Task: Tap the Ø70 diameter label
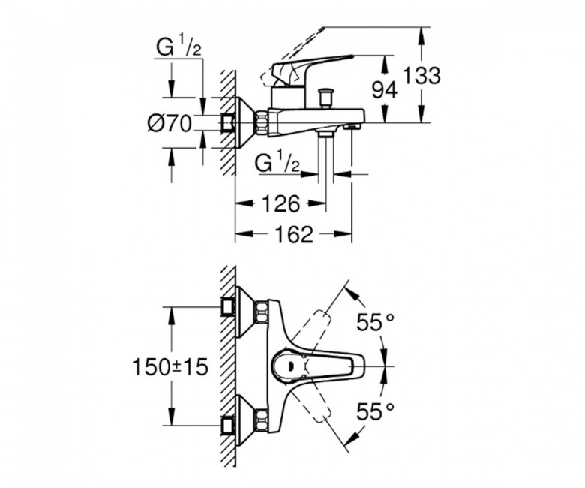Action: click(169, 122)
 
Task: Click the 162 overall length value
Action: click(292, 235)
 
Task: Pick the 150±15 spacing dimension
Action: click(170, 368)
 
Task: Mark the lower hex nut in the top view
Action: click(262, 418)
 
